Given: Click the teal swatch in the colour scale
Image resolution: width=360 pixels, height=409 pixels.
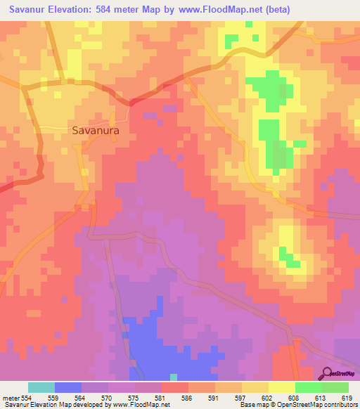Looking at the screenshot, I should pos(41,387).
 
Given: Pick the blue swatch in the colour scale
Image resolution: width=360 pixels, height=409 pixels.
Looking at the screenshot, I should pos(68,387).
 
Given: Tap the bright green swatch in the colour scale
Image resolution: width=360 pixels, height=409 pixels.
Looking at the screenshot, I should pos(309,387).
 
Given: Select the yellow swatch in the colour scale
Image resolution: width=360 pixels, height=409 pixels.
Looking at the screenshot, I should pos(282,387).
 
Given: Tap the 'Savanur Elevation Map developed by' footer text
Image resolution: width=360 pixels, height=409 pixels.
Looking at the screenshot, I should pos(44,405).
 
